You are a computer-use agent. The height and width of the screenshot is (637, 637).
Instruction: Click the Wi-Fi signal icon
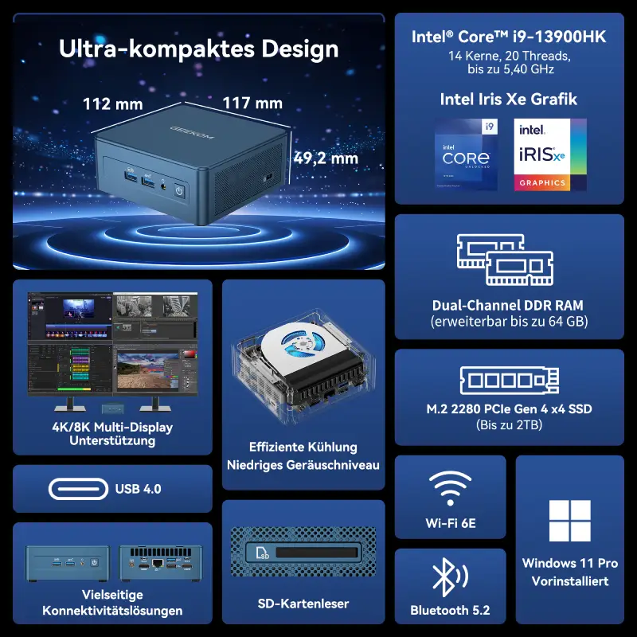(450, 488)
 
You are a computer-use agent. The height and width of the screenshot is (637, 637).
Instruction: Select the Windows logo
(570, 521)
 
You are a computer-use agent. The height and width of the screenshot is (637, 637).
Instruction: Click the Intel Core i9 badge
(466, 154)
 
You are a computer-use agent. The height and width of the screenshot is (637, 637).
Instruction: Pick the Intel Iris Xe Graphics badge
(550, 154)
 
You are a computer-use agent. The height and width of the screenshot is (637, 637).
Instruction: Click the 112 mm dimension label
(113, 104)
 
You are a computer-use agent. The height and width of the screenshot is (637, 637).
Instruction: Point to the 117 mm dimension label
(252, 103)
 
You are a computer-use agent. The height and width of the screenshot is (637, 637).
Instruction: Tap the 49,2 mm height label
(326, 158)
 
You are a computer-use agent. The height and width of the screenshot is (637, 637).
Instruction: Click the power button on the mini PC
(180, 191)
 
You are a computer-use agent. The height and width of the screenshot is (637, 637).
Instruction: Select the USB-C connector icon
(78, 488)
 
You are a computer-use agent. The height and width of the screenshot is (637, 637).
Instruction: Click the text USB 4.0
(138, 489)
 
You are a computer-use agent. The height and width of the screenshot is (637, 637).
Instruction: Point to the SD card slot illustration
(303, 551)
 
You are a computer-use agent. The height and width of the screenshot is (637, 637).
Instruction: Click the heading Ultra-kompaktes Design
(199, 49)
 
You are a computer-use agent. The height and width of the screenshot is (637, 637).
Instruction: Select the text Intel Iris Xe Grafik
(508, 100)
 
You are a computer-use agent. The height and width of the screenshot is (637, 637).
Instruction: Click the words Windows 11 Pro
(570, 563)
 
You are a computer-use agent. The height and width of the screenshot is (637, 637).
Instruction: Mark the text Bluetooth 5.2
(450, 611)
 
